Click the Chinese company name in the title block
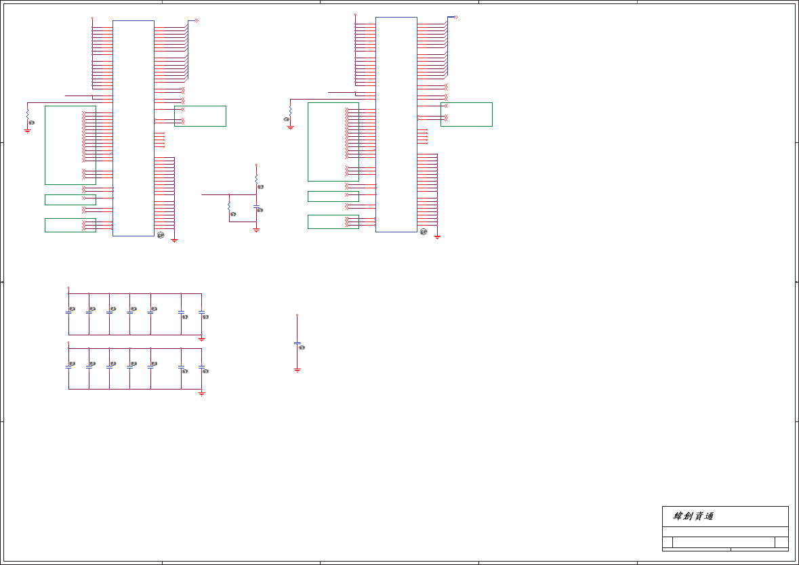click(693, 516)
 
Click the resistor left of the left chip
click(28, 116)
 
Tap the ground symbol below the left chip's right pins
click(175, 239)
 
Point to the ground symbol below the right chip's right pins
click(438, 236)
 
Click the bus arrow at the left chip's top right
click(196, 20)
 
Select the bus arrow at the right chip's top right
click(456, 17)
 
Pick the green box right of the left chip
click(200, 116)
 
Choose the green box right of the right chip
click(466, 114)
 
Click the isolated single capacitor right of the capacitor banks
click(297, 343)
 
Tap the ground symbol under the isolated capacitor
click(297, 369)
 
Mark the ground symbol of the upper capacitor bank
click(201, 337)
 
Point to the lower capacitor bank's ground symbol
click(201, 392)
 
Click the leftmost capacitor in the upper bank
click(68, 312)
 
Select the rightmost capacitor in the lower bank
click(201, 367)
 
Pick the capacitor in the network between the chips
click(256, 206)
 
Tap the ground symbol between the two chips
click(256, 230)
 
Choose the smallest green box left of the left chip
click(70, 200)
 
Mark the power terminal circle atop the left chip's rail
click(92, 18)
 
